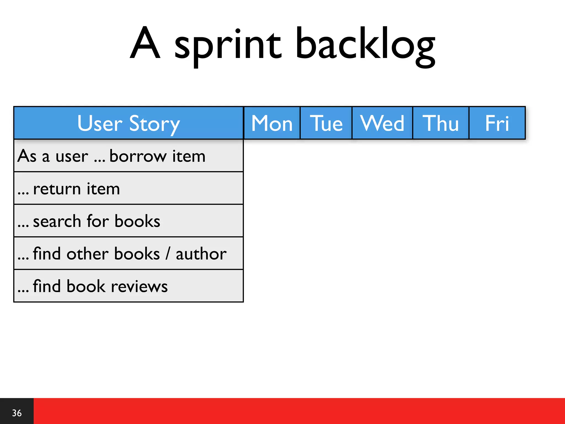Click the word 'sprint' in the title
(x=228, y=46)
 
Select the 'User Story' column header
(x=129, y=123)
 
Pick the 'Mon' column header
(x=272, y=123)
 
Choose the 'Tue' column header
(x=326, y=123)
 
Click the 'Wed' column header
(x=382, y=123)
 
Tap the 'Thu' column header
(x=441, y=123)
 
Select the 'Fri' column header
(x=497, y=123)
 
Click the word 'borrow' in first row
(x=138, y=156)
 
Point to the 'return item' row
(x=76, y=189)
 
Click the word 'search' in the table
(x=57, y=221)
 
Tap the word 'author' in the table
(x=201, y=254)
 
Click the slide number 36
(x=17, y=413)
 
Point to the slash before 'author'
(x=168, y=254)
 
